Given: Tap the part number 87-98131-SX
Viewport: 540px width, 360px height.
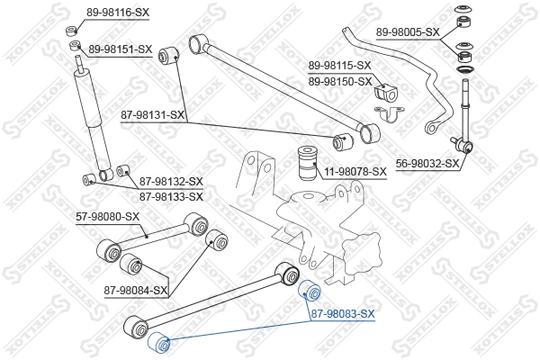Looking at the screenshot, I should (x=153, y=114).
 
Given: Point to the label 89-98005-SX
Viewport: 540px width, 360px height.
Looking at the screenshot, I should (x=408, y=31).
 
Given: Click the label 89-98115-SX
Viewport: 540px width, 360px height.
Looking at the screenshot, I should (x=339, y=66).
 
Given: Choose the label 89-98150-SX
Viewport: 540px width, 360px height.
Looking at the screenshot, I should (x=339, y=81).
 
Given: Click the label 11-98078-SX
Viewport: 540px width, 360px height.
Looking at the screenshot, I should (x=355, y=170).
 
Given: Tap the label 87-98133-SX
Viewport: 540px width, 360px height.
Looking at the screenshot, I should (x=171, y=195).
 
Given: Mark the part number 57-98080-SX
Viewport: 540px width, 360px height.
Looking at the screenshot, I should (x=107, y=216).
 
